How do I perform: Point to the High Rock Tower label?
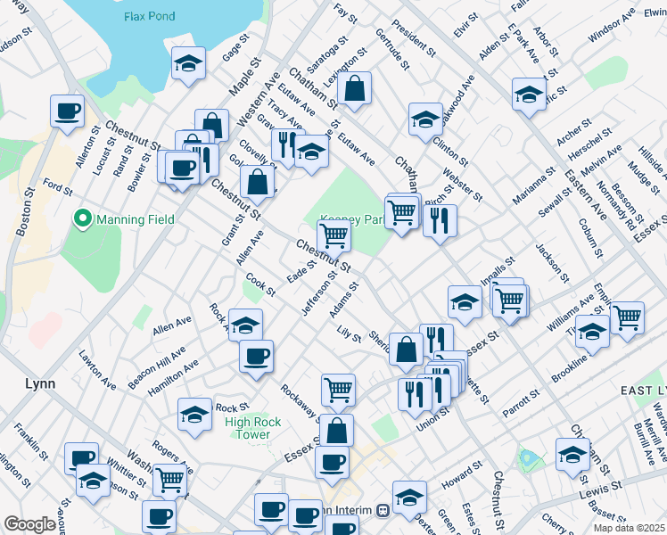pos(253,428)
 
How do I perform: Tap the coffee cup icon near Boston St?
pos(68,112)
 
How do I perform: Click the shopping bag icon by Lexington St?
pos(354,88)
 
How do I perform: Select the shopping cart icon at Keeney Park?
pos(333,236)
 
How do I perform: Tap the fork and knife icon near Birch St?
pos(440,221)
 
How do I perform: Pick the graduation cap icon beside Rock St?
pos(194,415)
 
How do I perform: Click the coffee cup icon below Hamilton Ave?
pos(256,357)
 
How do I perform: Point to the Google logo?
pos(29,524)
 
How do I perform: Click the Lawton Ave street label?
pos(97,368)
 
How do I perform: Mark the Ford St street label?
pos(57,188)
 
